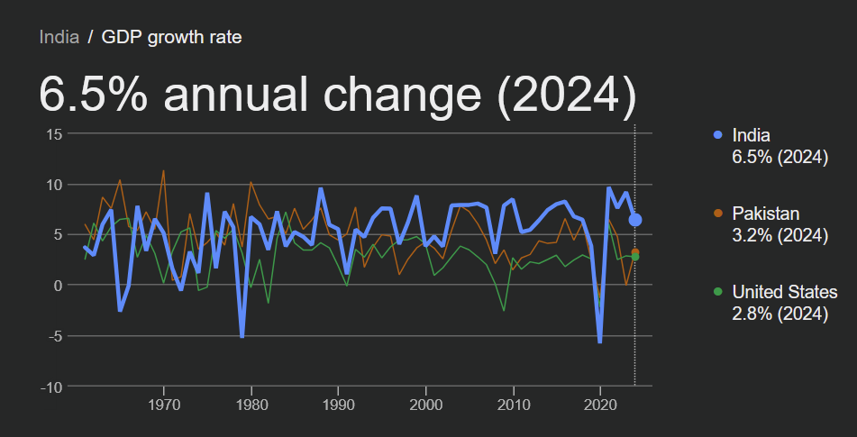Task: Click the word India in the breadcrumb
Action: click(x=59, y=37)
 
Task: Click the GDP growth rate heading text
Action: click(x=171, y=37)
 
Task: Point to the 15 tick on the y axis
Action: click(x=53, y=134)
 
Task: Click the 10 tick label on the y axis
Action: click(x=53, y=185)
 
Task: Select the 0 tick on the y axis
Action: click(x=57, y=286)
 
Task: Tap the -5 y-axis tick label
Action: click(x=54, y=336)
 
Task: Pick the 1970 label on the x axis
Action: click(x=164, y=404)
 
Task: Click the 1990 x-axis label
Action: click(x=339, y=404)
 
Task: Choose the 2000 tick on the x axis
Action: click(x=426, y=404)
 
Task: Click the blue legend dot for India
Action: click(x=717, y=135)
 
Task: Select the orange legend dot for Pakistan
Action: click(x=717, y=214)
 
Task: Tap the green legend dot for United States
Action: click(x=717, y=292)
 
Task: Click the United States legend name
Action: click(x=785, y=292)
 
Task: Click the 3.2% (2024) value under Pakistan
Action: click(x=780, y=236)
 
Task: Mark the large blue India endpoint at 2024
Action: click(x=635, y=220)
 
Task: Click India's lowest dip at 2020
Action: click(x=600, y=341)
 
